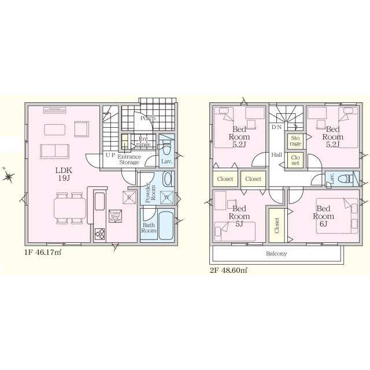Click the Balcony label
click(x=276, y=253)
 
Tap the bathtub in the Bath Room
click(x=166, y=221)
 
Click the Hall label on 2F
click(x=276, y=155)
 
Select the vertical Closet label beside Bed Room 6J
click(x=276, y=225)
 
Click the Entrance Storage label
click(x=129, y=159)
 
